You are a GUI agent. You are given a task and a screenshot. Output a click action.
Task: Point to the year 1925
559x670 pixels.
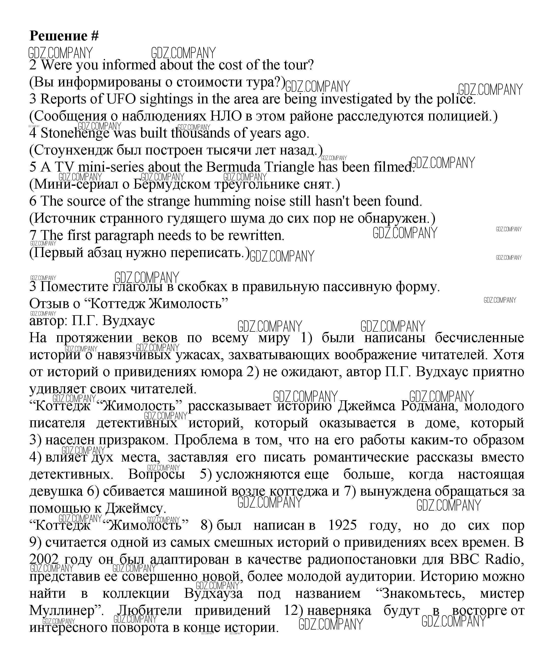(342, 525)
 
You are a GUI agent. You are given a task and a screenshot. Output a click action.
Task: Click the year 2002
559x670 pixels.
(44, 559)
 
